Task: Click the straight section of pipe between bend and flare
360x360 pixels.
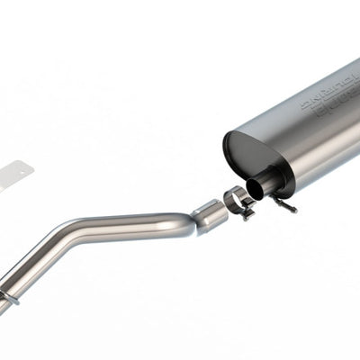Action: click(144, 220)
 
